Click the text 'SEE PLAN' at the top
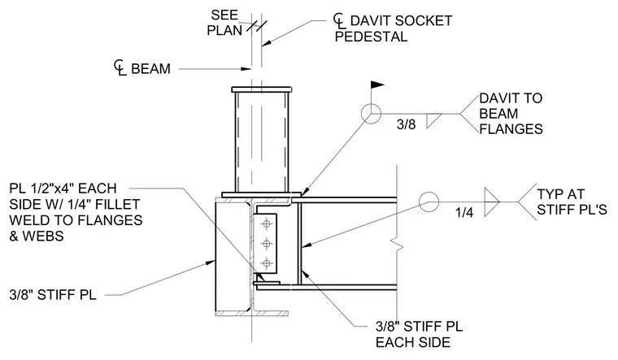click(x=224, y=23)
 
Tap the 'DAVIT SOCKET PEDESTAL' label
click(x=393, y=28)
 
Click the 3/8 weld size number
click(x=406, y=124)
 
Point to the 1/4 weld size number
click(x=464, y=213)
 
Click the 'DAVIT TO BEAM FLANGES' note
click(x=511, y=114)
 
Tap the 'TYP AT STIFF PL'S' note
click(x=572, y=202)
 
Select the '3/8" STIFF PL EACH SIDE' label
click(x=419, y=334)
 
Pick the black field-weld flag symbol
click(x=377, y=85)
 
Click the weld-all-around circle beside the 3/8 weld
click(x=371, y=114)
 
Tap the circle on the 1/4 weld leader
click(x=429, y=202)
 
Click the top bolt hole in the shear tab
click(x=267, y=224)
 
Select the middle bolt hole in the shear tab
click(x=267, y=244)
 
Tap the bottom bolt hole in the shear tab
click(x=267, y=262)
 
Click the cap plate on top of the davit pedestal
click(x=262, y=90)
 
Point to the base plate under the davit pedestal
click(x=262, y=194)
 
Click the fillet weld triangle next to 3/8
click(x=433, y=119)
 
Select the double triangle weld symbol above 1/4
click(x=492, y=202)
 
